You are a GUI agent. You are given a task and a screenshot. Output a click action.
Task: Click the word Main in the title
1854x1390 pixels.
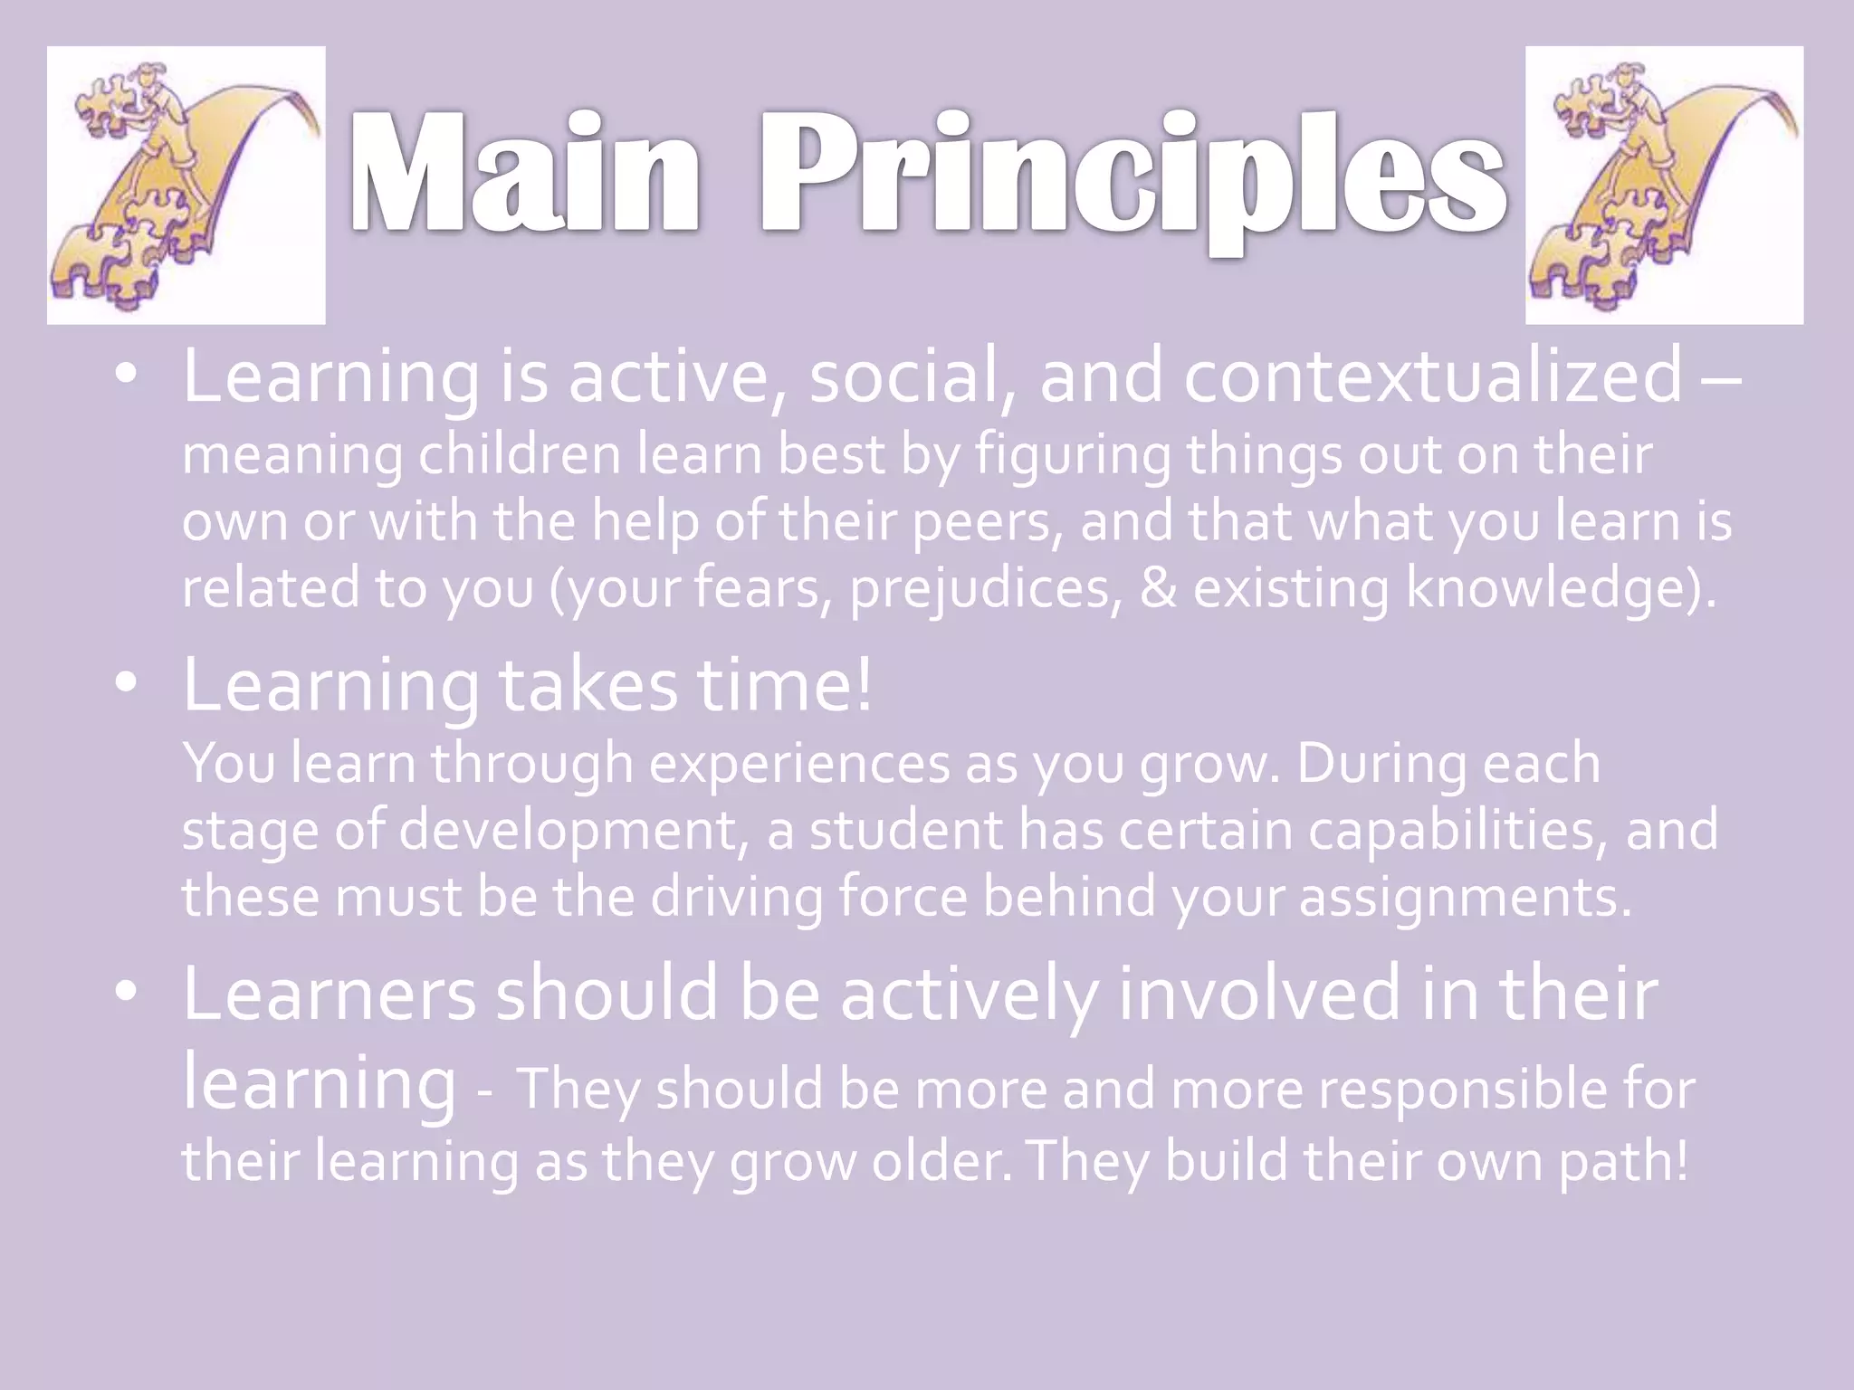(x=525, y=174)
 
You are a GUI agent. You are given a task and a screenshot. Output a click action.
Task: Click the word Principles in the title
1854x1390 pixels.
(x=1132, y=176)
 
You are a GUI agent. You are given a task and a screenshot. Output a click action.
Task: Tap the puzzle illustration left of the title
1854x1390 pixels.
(x=186, y=186)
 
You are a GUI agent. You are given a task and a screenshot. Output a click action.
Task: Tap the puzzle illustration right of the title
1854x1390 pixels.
(x=1664, y=186)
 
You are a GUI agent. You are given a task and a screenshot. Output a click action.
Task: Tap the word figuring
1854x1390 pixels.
(x=1073, y=455)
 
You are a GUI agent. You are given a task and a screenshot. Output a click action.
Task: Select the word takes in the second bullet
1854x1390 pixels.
(x=588, y=685)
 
